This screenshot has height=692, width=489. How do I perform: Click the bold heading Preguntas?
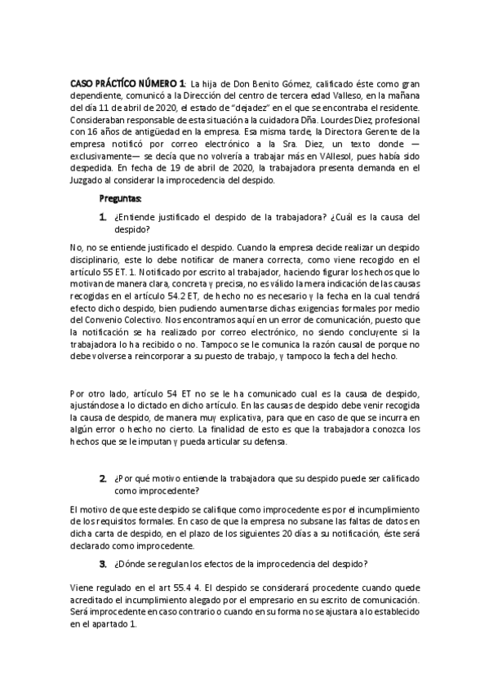click(120, 198)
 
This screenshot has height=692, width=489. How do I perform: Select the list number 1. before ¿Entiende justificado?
click(103, 217)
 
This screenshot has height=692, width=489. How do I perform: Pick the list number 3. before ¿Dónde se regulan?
click(103, 563)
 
